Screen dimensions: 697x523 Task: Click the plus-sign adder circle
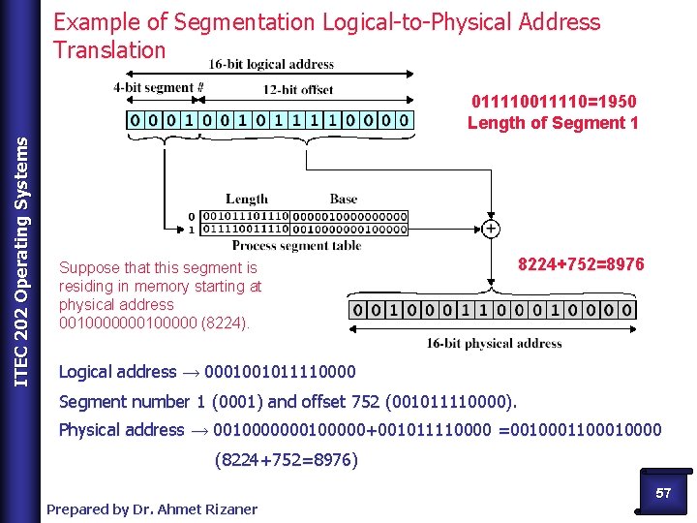(x=491, y=230)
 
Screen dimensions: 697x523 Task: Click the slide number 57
(x=663, y=493)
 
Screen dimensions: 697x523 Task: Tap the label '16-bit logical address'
(x=271, y=65)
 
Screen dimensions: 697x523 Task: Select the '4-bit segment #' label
(x=159, y=87)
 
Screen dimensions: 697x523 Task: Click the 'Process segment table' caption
(x=297, y=246)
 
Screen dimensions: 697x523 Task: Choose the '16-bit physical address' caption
(x=494, y=343)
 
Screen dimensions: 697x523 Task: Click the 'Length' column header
(x=247, y=199)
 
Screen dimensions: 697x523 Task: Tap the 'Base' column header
(x=344, y=199)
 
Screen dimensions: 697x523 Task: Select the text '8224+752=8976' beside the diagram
(x=581, y=264)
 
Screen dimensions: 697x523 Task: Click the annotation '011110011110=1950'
(x=554, y=102)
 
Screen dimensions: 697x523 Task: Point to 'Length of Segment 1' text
(x=553, y=123)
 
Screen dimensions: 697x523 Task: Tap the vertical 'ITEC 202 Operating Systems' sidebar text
(x=21, y=247)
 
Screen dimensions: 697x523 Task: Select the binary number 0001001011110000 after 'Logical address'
(x=280, y=372)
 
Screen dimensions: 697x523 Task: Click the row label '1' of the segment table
(x=192, y=229)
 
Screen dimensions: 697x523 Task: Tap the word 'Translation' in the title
(x=109, y=49)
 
